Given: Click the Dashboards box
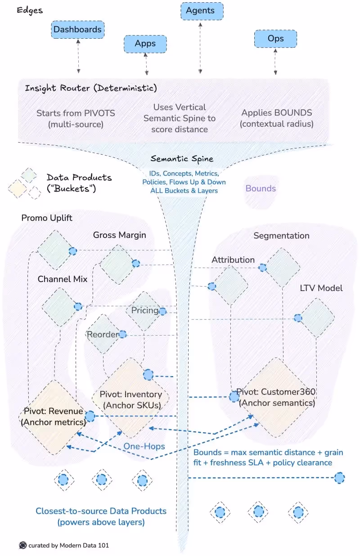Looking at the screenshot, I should click(78, 30).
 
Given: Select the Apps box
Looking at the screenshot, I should click(145, 44).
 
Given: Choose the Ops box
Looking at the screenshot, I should click(275, 39).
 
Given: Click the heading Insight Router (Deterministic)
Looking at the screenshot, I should click(91, 88).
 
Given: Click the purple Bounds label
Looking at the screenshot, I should click(261, 188).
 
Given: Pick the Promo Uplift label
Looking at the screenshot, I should click(47, 218).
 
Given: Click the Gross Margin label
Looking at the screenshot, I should click(119, 235).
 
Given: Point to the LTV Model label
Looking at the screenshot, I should click(321, 288).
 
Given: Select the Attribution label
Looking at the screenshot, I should click(233, 260).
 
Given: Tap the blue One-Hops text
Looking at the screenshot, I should click(144, 446).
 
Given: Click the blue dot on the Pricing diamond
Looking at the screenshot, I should click(162, 311).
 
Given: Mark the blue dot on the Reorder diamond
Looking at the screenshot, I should click(122, 334).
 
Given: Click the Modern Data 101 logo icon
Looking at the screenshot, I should click(23, 545).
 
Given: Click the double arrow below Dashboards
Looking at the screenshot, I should click(79, 56).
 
